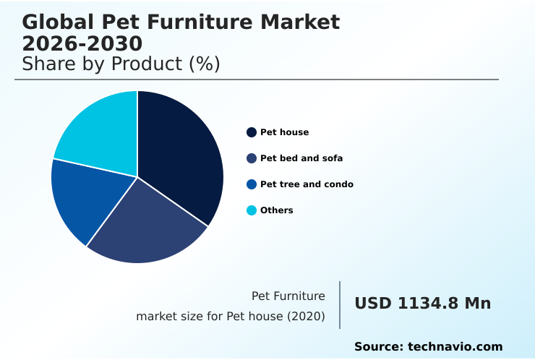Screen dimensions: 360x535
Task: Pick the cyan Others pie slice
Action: [98, 134]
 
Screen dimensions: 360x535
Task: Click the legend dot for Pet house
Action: [252, 132]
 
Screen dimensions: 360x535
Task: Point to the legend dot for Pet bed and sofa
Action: [252, 158]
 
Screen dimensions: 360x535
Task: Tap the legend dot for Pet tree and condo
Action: [252, 184]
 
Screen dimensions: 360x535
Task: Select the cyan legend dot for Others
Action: [252, 210]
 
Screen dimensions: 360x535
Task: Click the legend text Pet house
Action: [284, 132]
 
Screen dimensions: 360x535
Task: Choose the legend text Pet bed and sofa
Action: [301, 158]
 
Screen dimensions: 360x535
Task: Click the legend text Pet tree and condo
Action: [307, 184]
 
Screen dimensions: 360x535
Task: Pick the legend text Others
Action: [277, 210]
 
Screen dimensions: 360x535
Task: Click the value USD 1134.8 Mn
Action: [422, 304]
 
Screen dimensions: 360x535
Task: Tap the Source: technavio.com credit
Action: [428, 347]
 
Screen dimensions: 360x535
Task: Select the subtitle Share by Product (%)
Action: [121, 64]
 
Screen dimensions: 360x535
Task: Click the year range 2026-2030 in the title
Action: [82, 43]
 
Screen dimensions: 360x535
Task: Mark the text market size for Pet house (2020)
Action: [231, 317]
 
